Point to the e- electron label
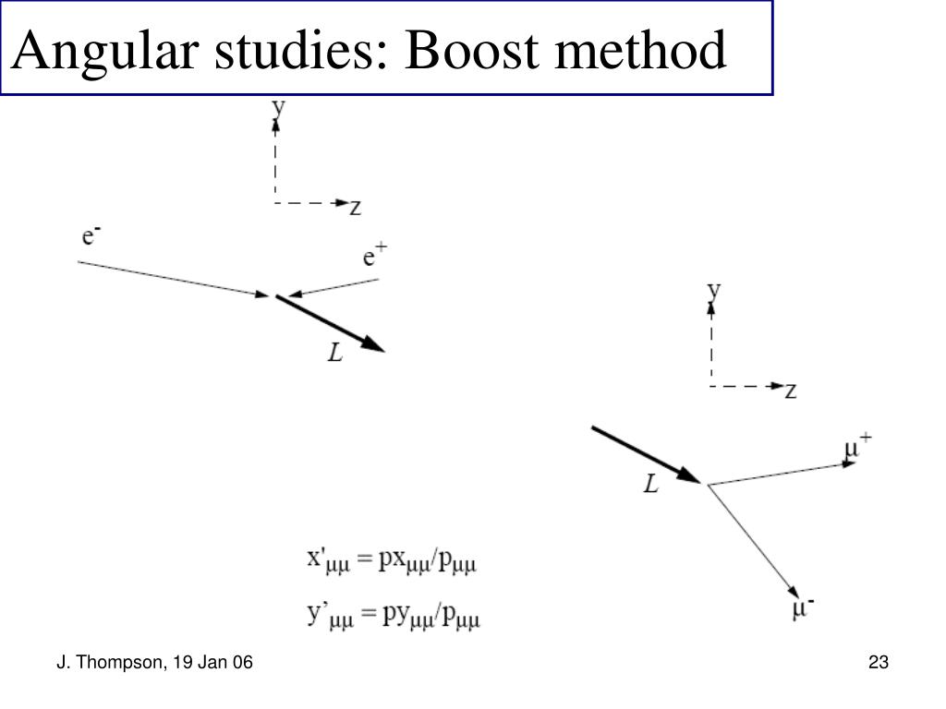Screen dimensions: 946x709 pos(91,236)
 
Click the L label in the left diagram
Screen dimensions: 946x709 pos(335,352)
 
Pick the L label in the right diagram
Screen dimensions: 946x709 pos(651,484)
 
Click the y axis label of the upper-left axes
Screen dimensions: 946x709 pos(278,107)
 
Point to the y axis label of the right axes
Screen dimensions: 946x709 pos(714,291)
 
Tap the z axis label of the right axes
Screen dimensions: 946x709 pos(791,391)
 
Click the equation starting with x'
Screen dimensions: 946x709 pos(391,560)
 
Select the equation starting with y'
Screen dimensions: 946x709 pos(394,614)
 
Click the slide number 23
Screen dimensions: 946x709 pos(878,661)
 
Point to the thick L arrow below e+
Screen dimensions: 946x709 pos(330,322)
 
